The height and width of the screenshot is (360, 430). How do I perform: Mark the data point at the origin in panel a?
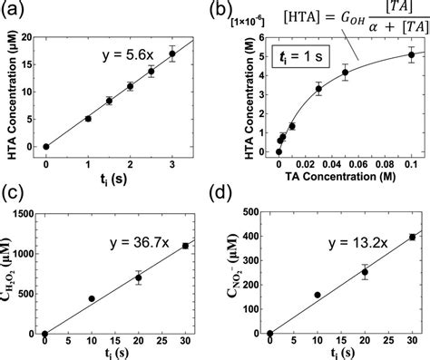tap(45, 146)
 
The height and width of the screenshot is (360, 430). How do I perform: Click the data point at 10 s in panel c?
tap(92, 298)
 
